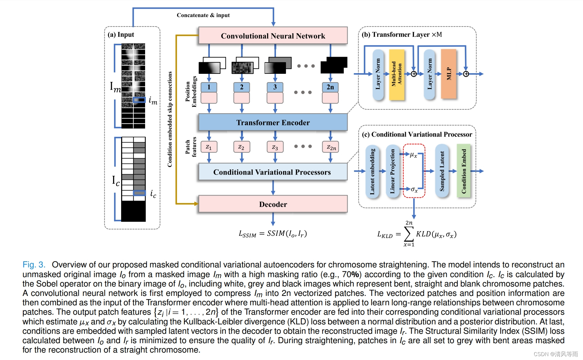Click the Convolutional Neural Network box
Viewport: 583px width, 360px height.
pos(273,36)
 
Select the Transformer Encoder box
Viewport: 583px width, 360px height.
pos(273,122)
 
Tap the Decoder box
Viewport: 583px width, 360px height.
pos(273,204)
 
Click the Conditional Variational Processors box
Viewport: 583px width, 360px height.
pos(273,172)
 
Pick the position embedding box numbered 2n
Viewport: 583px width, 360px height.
pos(330,87)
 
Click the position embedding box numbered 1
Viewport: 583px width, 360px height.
pos(209,87)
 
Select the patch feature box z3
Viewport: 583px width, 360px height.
pos(275,147)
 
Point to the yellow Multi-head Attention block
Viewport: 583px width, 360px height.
pos(396,74)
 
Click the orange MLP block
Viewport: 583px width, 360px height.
pos(449,73)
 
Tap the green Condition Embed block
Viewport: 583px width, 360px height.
pos(463,171)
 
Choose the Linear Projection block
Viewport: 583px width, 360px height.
pos(393,171)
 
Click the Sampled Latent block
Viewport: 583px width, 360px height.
pos(442,171)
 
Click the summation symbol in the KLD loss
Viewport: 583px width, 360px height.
pos(409,234)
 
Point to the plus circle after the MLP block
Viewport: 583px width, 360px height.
pos(466,74)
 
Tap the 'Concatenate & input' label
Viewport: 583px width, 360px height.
pos(203,15)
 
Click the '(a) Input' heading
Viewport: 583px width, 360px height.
pos(121,35)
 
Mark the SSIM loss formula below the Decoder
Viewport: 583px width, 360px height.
pos(272,234)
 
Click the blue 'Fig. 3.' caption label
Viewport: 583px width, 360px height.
pos(34,265)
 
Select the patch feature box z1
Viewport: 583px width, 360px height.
pos(209,147)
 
